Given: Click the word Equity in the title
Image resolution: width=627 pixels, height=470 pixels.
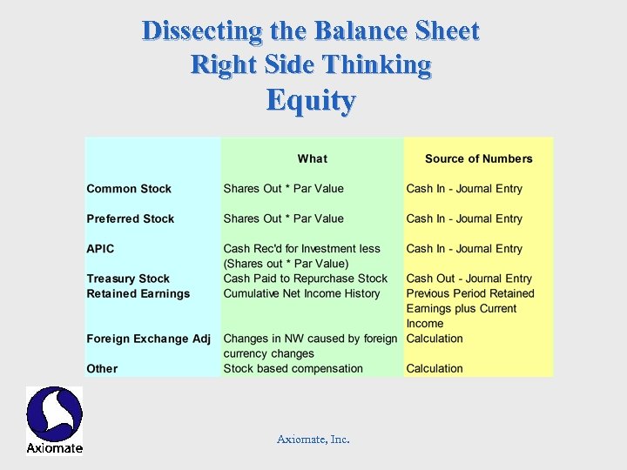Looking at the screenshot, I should click(311, 101).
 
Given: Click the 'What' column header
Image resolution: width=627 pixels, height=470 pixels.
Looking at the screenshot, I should click(312, 158).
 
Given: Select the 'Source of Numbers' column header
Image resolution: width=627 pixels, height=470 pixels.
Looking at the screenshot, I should click(478, 158).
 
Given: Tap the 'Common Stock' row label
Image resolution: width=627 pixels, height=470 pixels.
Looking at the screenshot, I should click(129, 189).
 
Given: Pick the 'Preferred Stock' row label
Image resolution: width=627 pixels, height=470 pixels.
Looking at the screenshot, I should click(131, 218).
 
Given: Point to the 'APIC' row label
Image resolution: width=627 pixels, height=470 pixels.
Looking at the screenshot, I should click(100, 249).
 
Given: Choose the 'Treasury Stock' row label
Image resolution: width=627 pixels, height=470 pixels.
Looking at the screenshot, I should click(128, 279).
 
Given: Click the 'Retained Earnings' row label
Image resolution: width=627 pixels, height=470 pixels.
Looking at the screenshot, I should click(138, 293).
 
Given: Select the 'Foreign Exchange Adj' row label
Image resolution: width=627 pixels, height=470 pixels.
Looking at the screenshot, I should click(148, 339).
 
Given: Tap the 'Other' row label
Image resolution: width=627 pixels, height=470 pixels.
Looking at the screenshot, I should click(102, 368).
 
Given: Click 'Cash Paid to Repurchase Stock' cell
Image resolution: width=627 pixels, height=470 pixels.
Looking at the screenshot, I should click(305, 279).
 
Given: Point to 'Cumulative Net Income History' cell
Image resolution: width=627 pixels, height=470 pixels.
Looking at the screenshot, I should click(301, 293).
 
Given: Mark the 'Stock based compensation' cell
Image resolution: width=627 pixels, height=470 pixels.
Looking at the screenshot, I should click(293, 368).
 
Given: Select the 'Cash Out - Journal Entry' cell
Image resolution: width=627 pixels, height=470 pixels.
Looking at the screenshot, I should click(469, 279).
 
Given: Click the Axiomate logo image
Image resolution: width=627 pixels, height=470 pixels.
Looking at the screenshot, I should click(54, 420).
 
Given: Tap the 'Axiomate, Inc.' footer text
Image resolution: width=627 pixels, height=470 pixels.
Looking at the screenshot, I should click(313, 440).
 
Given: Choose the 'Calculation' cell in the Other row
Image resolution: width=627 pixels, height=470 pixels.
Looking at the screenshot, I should click(435, 368).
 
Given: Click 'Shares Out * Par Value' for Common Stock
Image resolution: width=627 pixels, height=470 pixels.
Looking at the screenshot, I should click(283, 189).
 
